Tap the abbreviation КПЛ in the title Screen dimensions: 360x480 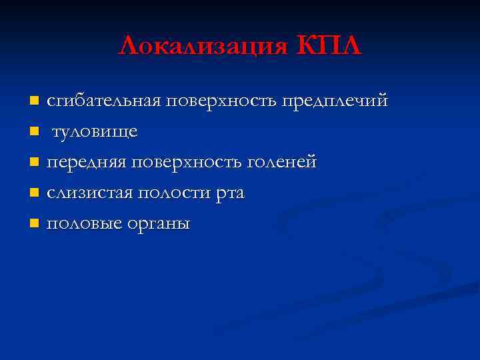click(327, 47)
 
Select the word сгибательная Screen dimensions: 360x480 click(104, 101)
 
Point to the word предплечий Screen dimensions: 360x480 click(335, 101)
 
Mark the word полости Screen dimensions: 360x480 click(174, 193)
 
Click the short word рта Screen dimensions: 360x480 click(231, 194)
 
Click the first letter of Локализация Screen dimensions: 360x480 click(128, 47)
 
